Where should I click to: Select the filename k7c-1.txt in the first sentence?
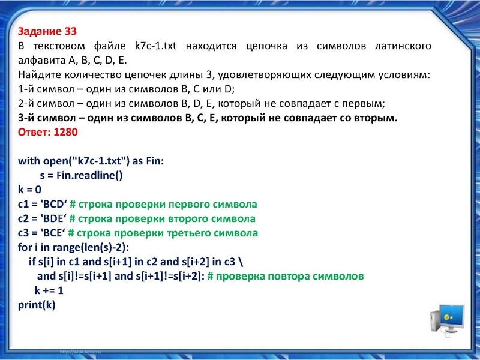click(155, 46)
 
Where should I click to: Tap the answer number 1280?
click(65, 133)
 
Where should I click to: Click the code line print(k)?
click(37, 305)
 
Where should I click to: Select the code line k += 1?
click(49, 291)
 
